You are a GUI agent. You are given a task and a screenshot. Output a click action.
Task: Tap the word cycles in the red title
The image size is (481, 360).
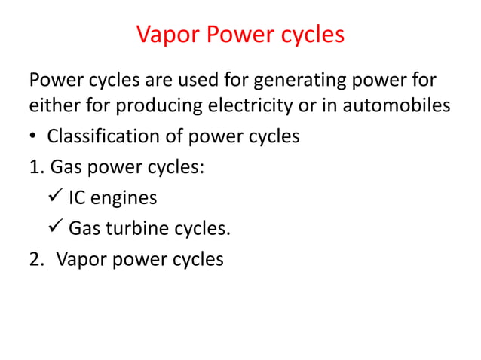[x=308, y=35]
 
